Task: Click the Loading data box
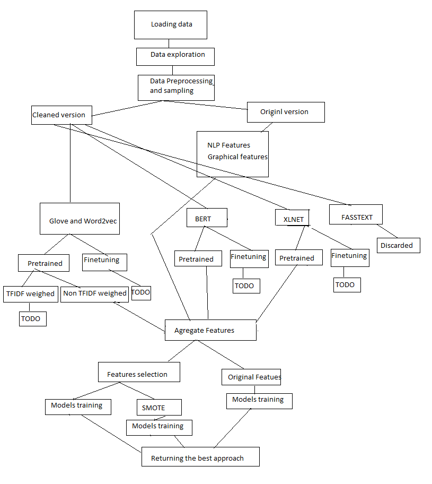point(170,24)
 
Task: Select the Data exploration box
point(175,56)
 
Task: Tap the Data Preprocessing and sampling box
point(176,87)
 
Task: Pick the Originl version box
point(285,112)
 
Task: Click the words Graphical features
point(237,157)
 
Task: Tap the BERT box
point(207,218)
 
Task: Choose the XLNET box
point(293,219)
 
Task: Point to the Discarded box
point(399,245)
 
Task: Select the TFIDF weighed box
point(30,293)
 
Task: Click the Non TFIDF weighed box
point(95,293)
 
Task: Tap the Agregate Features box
point(210,330)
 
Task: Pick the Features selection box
point(139,372)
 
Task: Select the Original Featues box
point(251,377)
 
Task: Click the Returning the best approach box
point(200,457)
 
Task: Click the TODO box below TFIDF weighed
point(32,318)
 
